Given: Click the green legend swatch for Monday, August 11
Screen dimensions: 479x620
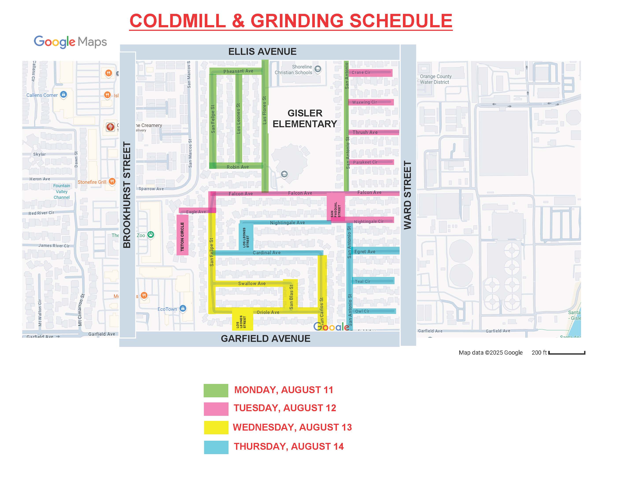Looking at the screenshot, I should pos(216,391).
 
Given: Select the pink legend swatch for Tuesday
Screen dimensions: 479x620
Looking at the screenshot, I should pos(216,409).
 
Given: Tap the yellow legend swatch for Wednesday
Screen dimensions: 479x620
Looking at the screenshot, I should pos(216,427).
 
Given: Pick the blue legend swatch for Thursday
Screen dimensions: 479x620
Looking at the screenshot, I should pos(216,447).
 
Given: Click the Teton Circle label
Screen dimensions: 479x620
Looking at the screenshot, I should pos(182,236).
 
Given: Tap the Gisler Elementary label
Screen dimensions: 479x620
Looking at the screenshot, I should pos(305,118).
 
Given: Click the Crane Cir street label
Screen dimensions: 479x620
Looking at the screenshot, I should pos(361,72).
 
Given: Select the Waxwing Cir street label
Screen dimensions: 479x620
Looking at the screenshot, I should pos(365,102).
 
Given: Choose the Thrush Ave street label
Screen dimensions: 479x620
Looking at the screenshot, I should pos(365,132).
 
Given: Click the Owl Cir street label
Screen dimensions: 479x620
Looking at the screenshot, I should pos(362,311).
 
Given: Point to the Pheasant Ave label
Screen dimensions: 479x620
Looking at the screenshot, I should pos(238,71).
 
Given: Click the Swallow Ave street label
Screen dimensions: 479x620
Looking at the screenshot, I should pos(252,283).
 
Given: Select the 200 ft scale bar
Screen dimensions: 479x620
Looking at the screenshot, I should pos(567,353).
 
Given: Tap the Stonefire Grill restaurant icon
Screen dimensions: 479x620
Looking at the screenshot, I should pos(112,181).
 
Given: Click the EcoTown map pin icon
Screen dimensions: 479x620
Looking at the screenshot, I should pos(183,308).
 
